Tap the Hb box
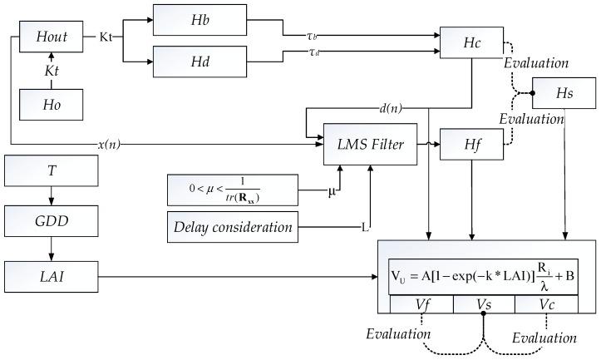[x=200, y=19]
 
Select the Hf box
[x=469, y=144]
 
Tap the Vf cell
[x=421, y=306]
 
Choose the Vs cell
[x=483, y=306]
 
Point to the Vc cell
[x=544, y=306]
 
